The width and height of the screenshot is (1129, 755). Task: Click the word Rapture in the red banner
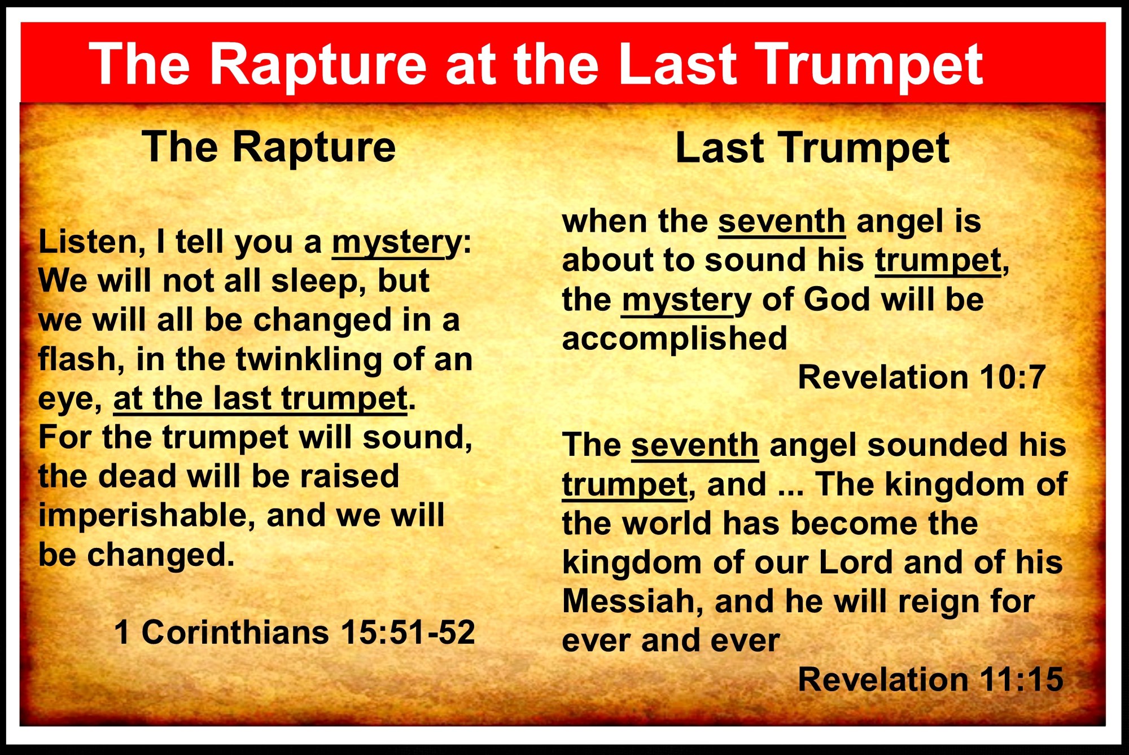pos(318,67)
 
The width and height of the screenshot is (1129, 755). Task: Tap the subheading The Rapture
pos(269,147)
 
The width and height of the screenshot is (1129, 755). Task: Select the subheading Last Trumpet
pos(812,148)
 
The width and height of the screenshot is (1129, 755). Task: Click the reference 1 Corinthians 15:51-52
pos(294,632)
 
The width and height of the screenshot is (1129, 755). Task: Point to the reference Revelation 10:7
pos(922,377)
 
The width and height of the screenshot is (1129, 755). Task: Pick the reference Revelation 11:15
pos(931,679)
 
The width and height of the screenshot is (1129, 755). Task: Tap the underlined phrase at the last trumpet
pos(260,399)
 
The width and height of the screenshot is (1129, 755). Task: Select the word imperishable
pos(146,516)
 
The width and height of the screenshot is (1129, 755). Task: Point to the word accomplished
pos(675,339)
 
